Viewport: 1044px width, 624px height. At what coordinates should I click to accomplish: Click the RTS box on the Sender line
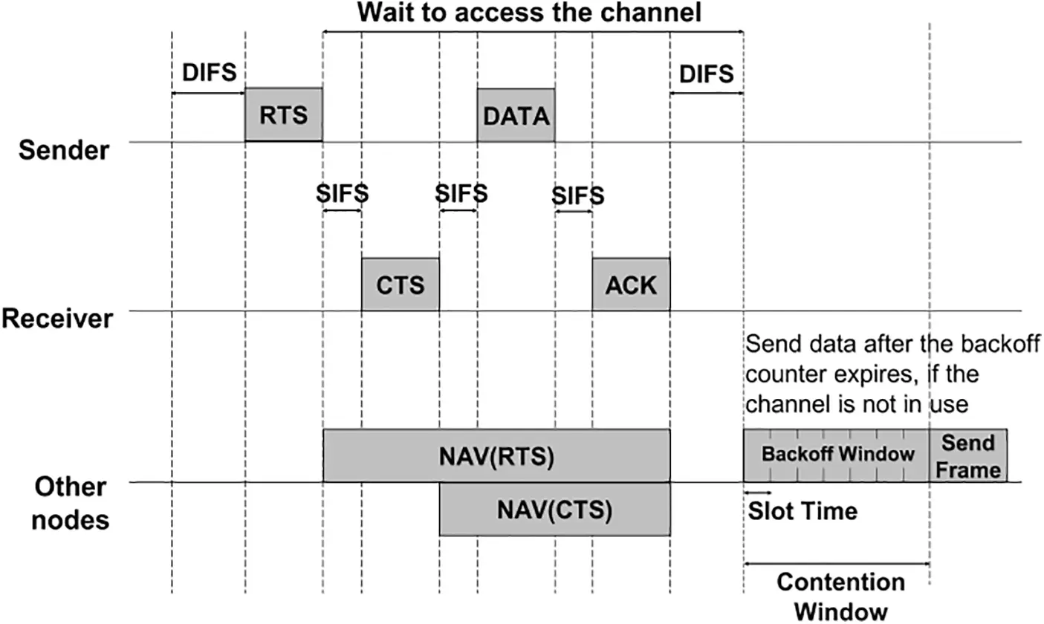283,114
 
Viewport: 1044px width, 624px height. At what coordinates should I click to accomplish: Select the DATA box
516,115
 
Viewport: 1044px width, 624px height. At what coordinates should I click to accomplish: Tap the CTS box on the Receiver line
400,284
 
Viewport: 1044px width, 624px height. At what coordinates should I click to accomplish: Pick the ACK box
631,284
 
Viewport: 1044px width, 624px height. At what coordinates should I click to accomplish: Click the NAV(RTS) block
496,455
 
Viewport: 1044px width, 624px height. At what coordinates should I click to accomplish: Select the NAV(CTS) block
554,510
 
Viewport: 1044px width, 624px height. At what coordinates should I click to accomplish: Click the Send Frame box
968,455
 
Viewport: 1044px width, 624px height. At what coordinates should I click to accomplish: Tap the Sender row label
64,150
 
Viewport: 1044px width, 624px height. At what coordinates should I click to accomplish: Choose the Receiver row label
57,319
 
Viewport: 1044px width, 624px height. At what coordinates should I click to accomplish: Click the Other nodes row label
71,503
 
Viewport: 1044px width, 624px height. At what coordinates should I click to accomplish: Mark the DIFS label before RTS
209,73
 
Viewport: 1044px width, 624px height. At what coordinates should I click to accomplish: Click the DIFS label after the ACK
706,74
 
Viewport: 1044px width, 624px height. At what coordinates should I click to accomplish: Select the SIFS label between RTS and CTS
342,193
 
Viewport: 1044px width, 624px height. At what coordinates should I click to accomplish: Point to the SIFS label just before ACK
577,196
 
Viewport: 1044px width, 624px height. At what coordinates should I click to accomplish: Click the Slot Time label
803,511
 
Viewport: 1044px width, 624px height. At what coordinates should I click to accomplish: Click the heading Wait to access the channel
529,13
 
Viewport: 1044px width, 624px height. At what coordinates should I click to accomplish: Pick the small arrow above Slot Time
758,493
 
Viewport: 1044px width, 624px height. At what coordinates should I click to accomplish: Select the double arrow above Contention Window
837,563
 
